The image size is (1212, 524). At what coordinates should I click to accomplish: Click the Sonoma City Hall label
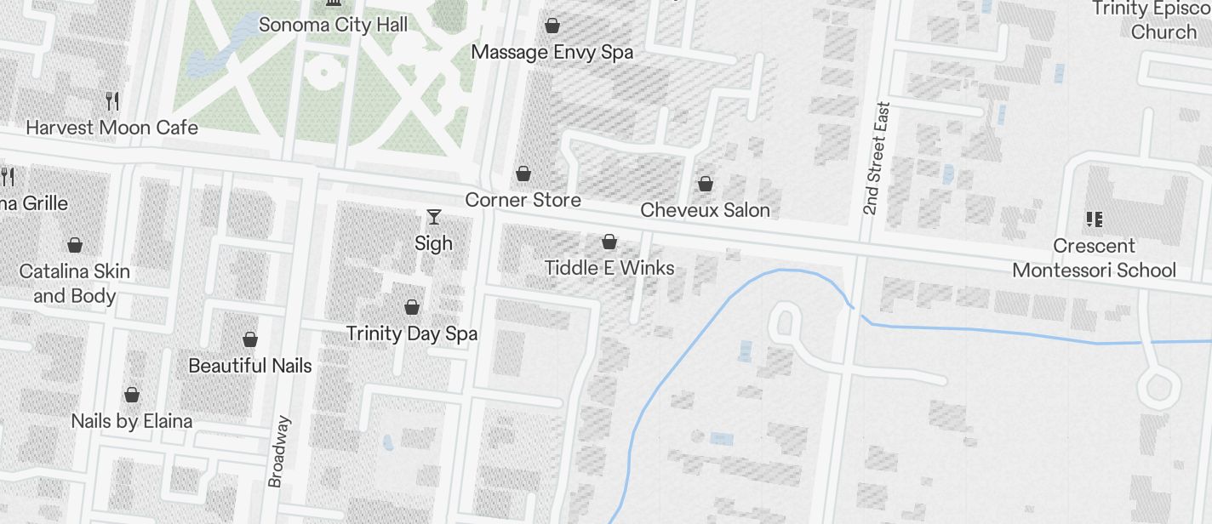[333, 25]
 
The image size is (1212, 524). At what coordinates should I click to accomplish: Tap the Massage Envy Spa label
[552, 53]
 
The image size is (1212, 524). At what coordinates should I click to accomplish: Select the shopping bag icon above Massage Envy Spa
[552, 26]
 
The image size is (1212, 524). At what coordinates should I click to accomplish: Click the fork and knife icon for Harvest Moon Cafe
[112, 101]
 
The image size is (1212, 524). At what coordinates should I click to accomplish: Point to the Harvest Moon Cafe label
[111, 128]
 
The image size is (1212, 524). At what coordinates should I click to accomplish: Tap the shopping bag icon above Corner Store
[523, 174]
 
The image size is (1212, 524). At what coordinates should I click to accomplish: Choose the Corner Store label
[523, 200]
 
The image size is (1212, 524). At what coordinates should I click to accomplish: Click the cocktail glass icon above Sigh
[434, 217]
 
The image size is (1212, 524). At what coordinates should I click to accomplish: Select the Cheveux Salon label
[705, 210]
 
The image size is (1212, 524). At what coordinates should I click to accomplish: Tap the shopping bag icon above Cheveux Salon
[705, 183]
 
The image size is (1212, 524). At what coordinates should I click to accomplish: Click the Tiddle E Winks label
[609, 268]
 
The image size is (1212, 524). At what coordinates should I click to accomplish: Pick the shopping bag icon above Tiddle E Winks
[609, 242]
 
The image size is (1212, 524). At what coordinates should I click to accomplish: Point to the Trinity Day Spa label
[412, 333]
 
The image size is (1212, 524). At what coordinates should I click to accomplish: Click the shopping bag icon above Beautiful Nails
[250, 339]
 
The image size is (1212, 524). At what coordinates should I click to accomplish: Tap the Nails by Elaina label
[132, 421]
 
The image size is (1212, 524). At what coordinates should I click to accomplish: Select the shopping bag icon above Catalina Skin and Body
[75, 245]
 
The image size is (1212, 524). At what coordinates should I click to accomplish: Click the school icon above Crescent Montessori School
[1095, 219]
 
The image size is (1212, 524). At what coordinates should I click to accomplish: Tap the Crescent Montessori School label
[1094, 258]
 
